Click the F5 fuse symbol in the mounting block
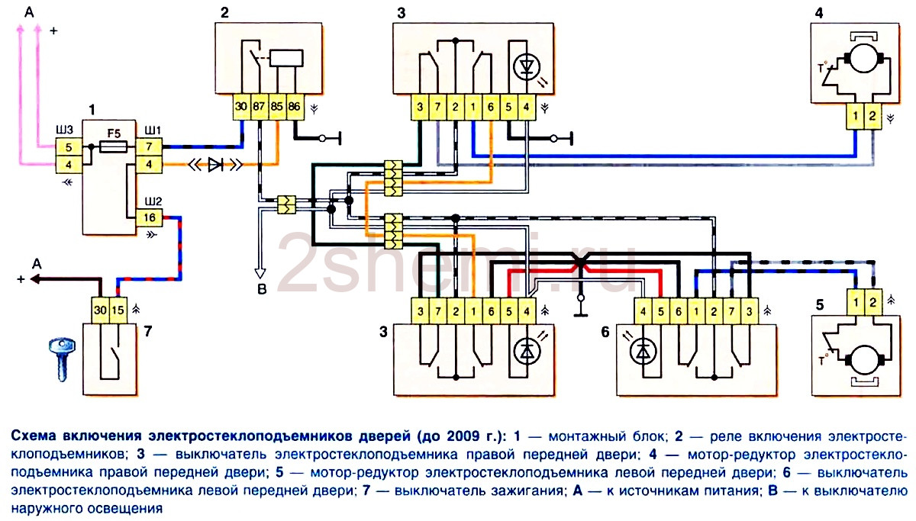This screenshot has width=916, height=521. coord(114,146)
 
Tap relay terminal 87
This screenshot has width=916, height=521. coord(260,107)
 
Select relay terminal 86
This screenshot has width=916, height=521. coord(295,107)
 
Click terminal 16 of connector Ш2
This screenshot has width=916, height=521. coord(150,217)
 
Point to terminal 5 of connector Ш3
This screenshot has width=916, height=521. coord(69,146)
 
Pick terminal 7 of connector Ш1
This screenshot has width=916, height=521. coord(149,146)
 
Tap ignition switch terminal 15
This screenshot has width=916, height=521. coord(118,310)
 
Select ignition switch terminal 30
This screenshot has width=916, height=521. coord(100,310)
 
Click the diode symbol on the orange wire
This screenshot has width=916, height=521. coord(215,165)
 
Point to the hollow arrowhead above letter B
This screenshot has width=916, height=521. coord(260,273)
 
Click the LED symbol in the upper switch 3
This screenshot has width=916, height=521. coord(527,67)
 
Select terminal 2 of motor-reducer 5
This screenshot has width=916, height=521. coord(872,303)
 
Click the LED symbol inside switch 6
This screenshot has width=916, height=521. coord(643,352)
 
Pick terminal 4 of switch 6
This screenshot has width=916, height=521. coord(643,312)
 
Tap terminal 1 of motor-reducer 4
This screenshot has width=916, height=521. coord(855,117)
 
